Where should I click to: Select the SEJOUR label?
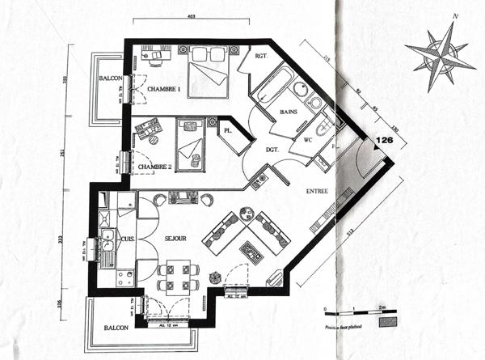point(175,238)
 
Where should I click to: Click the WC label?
point(308,140)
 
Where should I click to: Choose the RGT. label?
point(261,57)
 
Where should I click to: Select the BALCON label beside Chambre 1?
point(111,78)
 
